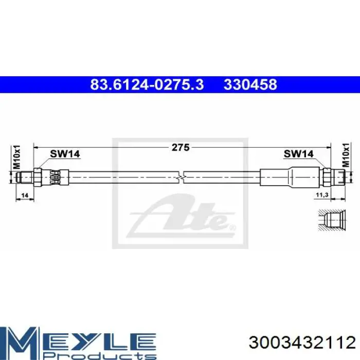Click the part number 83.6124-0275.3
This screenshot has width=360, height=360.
click(x=147, y=84)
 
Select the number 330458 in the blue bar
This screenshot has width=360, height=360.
click(x=250, y=84)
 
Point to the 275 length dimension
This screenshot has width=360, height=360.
click(x=181, y=148)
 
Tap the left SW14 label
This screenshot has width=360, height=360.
click(x=65, y=154)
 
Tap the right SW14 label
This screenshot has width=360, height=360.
click(x=298, y=154)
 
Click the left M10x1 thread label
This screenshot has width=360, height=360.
click(x=16, y=157)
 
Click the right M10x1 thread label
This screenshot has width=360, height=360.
click(x=346, y=155)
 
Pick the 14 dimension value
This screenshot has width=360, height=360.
click(x=24, y=195)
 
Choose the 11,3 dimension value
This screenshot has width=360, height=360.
click(x=322, y=195)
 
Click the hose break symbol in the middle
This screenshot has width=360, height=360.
click(x=181, y=177)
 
